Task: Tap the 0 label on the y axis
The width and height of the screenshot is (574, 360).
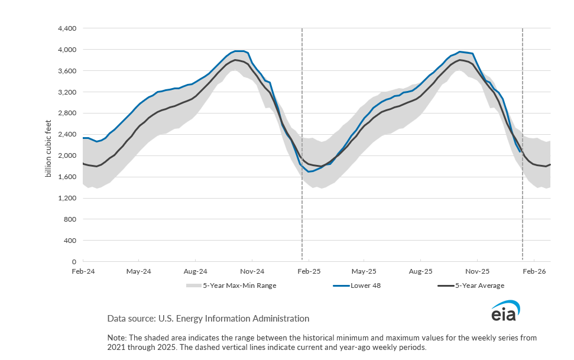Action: [74, 262]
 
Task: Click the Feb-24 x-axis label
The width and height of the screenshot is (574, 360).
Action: [83, 272]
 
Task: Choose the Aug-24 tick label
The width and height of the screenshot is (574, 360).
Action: [195, 272]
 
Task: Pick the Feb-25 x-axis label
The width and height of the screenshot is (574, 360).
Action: [309, 272]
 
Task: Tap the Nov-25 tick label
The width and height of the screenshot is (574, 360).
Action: [477, 272]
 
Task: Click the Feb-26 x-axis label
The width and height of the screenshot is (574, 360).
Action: [534, 272]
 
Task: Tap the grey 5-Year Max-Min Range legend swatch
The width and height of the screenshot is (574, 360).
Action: [193, 286]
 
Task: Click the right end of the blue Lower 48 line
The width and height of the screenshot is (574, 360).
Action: [520, 152]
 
